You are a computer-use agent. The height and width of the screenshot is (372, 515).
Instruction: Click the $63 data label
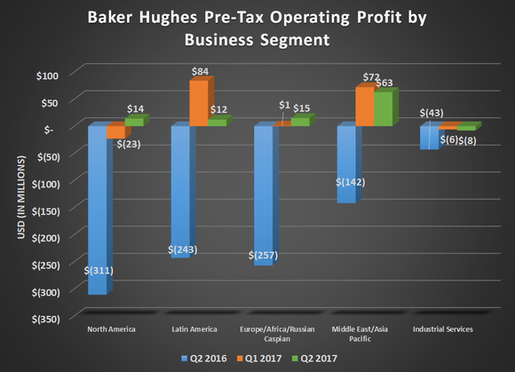[386, 83]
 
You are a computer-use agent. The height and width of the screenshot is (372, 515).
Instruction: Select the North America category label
[111, 329]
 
